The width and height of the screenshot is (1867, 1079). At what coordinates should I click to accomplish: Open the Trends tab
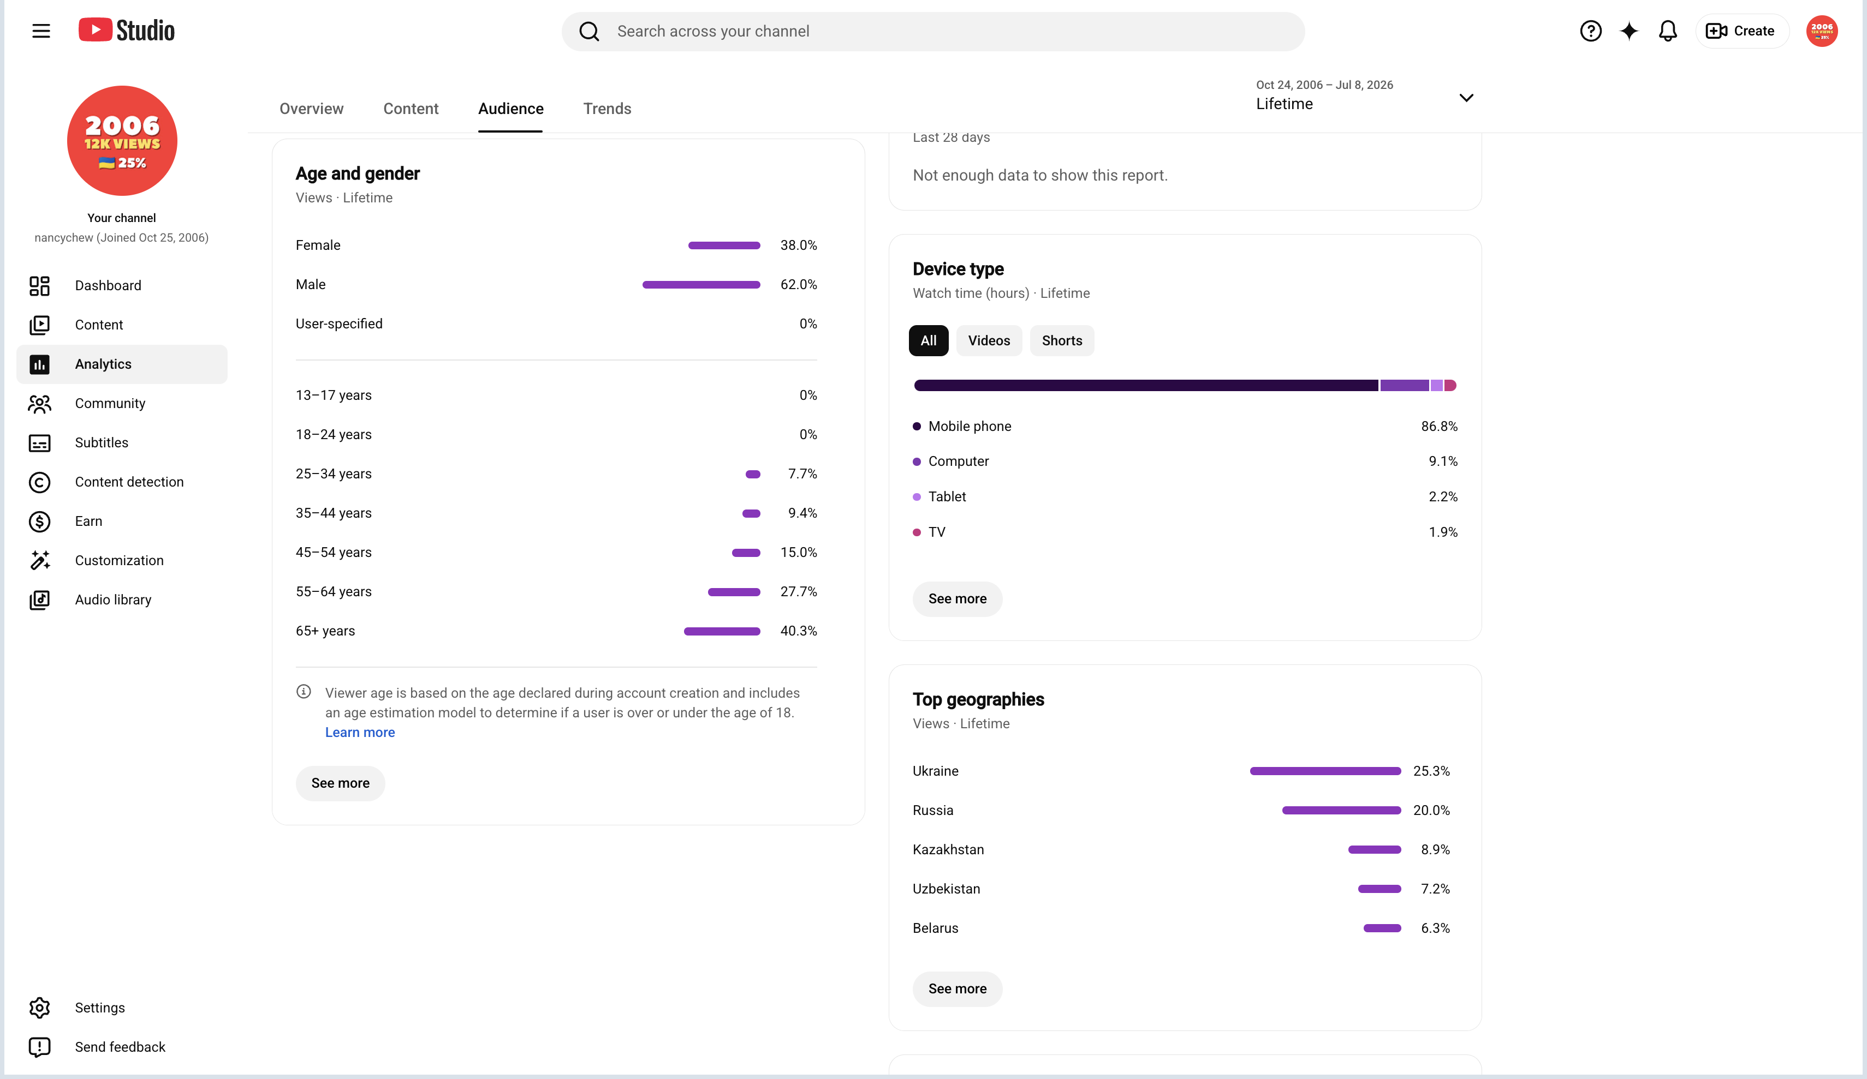[x=607, y=109]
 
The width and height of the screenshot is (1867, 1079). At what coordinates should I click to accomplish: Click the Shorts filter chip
[x=1062, y=340]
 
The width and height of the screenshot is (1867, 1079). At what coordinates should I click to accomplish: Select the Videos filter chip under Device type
[x=989, y=340]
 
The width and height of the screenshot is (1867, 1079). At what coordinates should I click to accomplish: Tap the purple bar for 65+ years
[x=722, y=631]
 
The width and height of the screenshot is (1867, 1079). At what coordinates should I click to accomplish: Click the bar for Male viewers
[x=701, y=284]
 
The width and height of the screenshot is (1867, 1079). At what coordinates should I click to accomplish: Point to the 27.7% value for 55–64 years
[x=799, y=592]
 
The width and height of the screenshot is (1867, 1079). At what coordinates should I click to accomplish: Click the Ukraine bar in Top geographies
[x=1325, y=771]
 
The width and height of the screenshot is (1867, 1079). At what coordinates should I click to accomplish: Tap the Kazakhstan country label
[x=948, y=849]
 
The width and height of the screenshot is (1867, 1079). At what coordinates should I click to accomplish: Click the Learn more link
[x=360, y=733]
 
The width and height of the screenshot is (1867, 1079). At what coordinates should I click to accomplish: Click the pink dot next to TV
[x=917, y=532]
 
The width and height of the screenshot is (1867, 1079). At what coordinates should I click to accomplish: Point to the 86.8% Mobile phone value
[x=1439, y=427]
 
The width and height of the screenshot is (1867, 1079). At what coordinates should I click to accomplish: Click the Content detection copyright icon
[x=39, y=482]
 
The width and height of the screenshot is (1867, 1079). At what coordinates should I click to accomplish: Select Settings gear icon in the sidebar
[x=39, y=1008]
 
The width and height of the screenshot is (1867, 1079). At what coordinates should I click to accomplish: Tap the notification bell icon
[x=1668, y=31]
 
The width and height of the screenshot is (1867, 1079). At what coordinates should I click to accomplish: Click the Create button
[x=1741, y=31]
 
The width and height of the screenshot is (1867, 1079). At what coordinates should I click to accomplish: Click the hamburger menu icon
[x=41, y=31]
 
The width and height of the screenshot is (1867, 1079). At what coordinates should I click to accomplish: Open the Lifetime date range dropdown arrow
[x=1466, y=98]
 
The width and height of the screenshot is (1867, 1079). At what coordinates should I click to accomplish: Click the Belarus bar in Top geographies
[x=1382, y=928]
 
